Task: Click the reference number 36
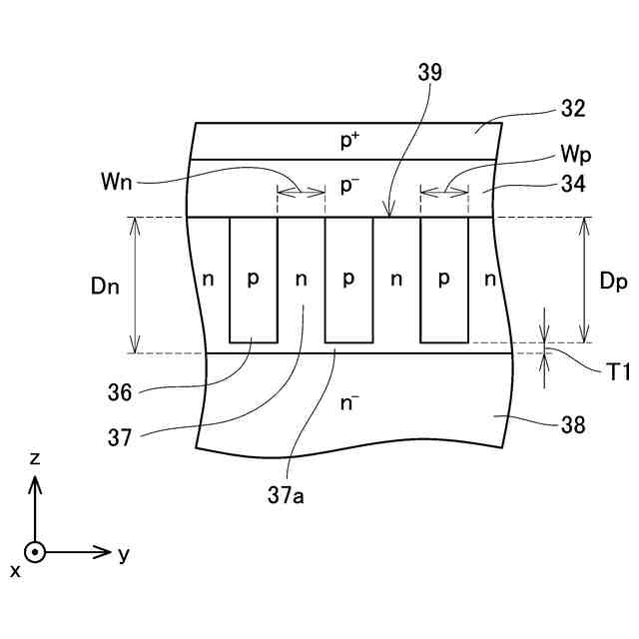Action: [120, 393]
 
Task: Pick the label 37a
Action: [287, 491]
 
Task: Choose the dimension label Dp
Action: [613, 282]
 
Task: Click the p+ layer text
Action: [348, 141]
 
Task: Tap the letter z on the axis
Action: [35, 458]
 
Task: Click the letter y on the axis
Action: [124, 554]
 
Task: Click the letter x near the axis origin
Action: [15, 570]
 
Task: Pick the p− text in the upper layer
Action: [348, 186]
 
